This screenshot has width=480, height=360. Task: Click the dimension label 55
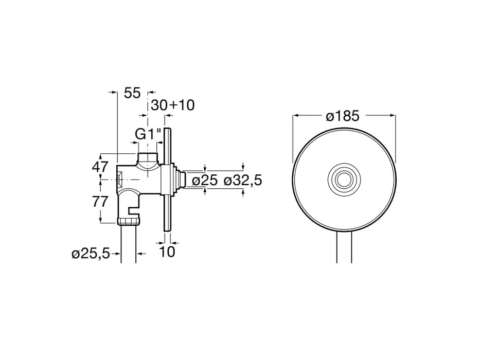tap(132, 93)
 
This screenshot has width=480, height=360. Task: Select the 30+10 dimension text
tap(173, 105)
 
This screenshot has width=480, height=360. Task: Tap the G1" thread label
tap(148, 134)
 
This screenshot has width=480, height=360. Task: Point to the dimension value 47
tap(100, 167)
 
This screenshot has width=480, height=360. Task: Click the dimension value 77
tap(100, 202)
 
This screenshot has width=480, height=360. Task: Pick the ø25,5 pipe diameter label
tap(91, 254)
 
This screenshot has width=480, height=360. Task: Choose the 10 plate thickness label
tap(167, 251)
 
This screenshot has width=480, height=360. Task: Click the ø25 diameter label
tap(204, 181)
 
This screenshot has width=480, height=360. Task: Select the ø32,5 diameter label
tap(243, 181)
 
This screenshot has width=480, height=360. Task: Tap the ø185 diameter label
tap(342, 116)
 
